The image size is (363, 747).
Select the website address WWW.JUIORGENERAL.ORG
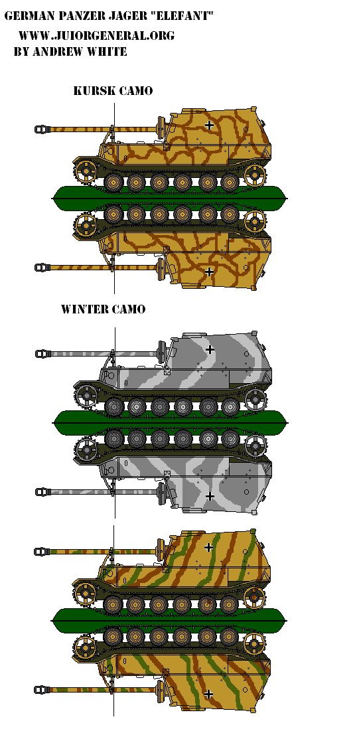click(96, 35)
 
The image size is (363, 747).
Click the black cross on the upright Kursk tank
click(208, 125)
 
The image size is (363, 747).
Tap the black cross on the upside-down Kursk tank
click(208, 272)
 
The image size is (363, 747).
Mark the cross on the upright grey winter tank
click(210, 349)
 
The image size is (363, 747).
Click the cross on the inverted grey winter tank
click(210, 497)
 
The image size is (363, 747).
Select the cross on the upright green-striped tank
click(208, 547)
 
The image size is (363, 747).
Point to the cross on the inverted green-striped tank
click(208, 694)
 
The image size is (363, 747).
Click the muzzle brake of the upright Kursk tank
click(42, 129)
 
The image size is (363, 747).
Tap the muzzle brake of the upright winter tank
click(42, 353)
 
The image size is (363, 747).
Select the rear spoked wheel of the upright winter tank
click(255, 397)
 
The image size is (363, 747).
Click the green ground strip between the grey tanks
click(170, 419)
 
